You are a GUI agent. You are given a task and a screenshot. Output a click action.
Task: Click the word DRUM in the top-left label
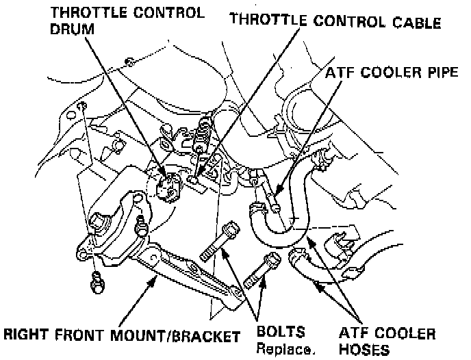[x=72, y=28]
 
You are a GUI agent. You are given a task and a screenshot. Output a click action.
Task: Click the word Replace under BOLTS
[x=285, y=350]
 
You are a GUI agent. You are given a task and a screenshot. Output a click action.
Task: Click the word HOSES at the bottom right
[x=365, y=350]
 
